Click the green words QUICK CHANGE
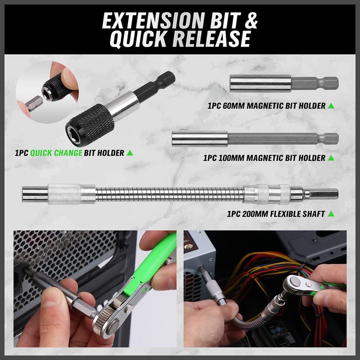(56, 153)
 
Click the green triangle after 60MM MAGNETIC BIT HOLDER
(331, 106)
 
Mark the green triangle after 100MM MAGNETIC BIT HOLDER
(331, 158)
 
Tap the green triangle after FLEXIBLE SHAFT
(331, 214)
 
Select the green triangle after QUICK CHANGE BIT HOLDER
(130, 153)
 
